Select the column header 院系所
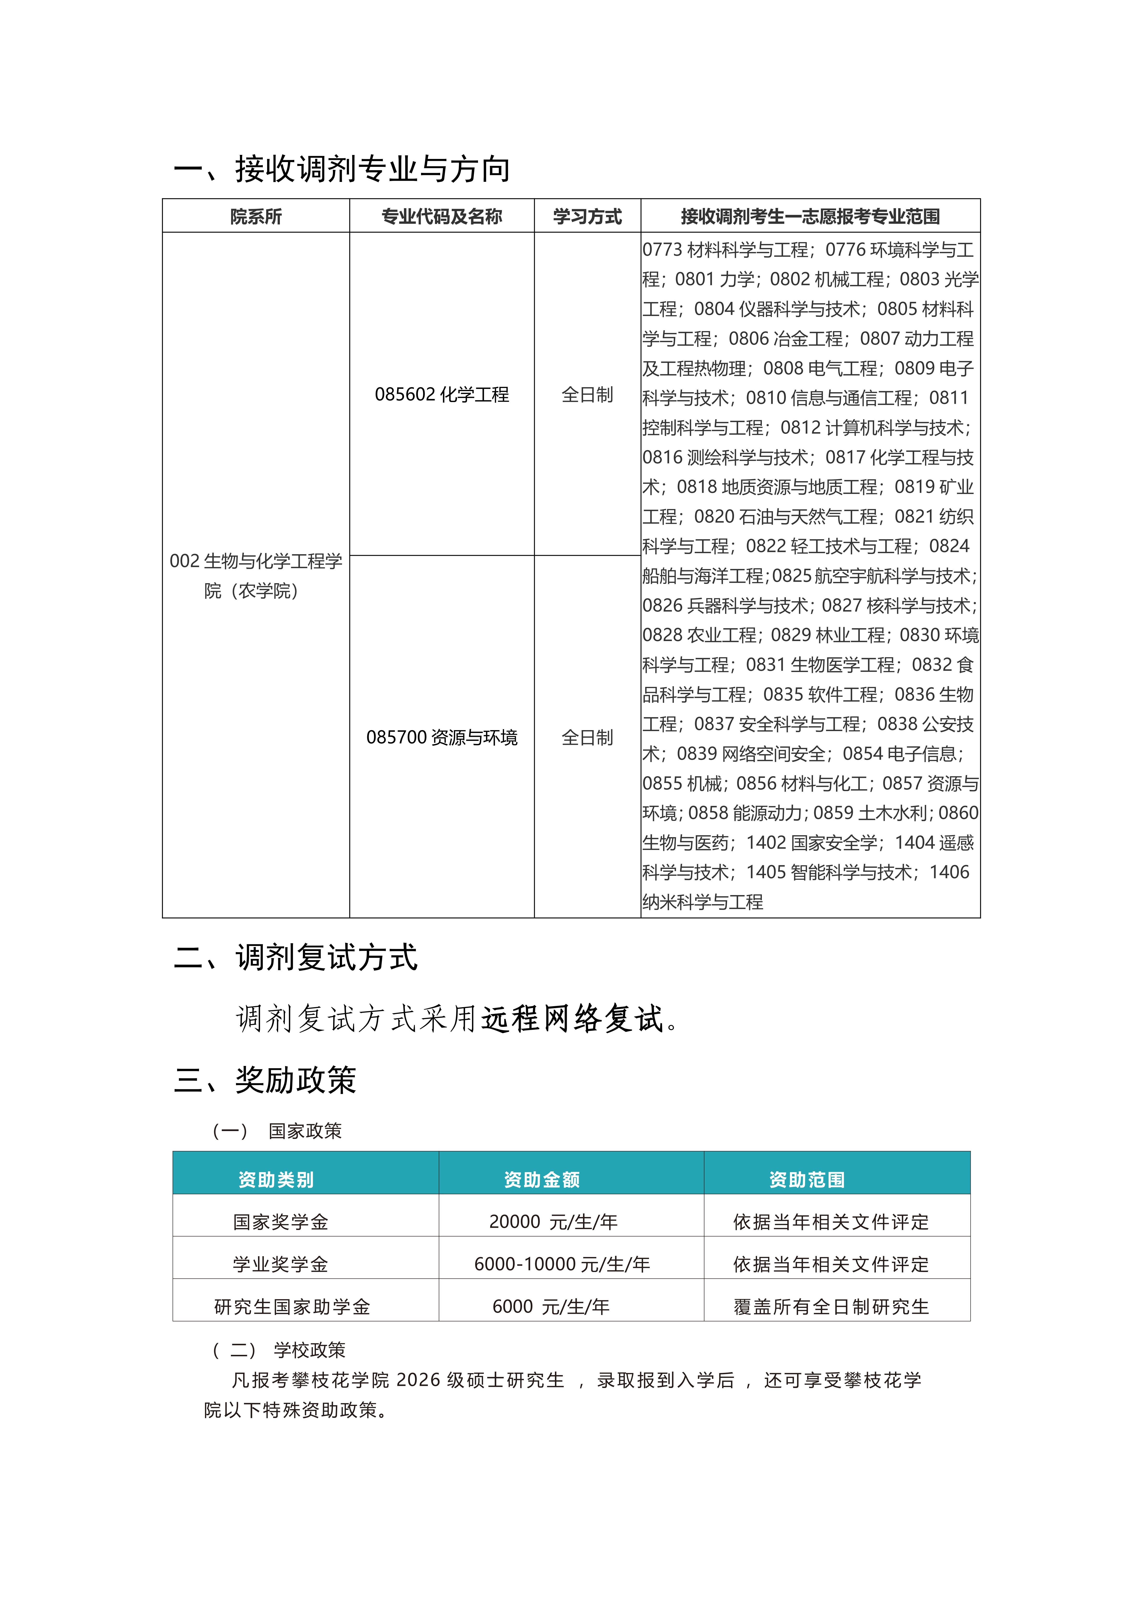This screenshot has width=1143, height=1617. click(256, 216)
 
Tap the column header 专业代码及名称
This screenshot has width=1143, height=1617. click(442, 216)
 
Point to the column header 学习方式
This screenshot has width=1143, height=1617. click(587, 216)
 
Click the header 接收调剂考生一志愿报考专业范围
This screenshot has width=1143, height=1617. click(810, 216)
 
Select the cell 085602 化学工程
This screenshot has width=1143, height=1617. click(442, 394)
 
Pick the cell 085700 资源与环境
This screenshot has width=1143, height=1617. click(442, 737)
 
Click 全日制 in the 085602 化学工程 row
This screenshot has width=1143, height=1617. click(587, 394)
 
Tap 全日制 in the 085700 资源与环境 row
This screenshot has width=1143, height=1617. click(587, 737)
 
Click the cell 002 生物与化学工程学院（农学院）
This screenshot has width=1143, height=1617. click(256, 575)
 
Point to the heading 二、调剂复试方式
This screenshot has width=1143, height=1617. click(296, 958)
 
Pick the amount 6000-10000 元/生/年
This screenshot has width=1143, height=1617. click(561, 1264)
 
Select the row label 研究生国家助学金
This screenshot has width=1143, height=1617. click(292, 1306)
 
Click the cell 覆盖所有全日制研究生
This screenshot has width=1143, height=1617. click(831, 1306)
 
